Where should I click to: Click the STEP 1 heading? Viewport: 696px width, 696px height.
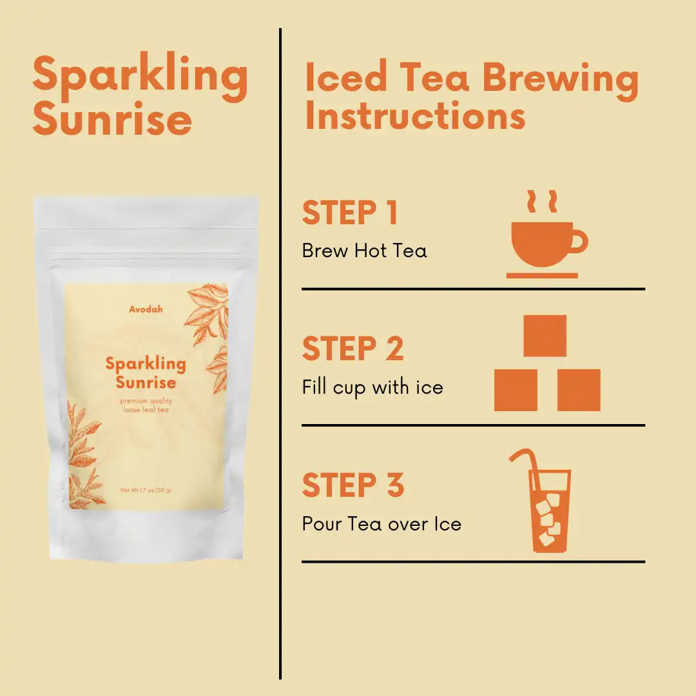point(349,213)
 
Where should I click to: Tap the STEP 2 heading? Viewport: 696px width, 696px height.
point(353,349)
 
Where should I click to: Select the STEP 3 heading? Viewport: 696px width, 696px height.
point(353,485)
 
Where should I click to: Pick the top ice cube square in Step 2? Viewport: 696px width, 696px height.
point(545,336)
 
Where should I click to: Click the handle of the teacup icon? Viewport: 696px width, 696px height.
point(579,242)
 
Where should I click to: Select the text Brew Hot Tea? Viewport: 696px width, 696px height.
point(364,251)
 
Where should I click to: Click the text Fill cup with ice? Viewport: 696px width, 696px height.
point(372,387)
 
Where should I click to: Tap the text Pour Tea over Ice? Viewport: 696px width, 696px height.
point(382,524)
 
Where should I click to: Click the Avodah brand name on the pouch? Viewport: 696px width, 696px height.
point(146,309)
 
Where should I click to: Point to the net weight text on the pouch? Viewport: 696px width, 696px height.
point(146,490)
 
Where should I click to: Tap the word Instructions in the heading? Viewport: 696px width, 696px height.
point(415,115)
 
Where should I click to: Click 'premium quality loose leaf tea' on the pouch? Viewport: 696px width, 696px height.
point(146,405)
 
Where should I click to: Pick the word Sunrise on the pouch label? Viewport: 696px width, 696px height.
point(146,382)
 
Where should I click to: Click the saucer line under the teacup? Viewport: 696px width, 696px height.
point(542,276)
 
